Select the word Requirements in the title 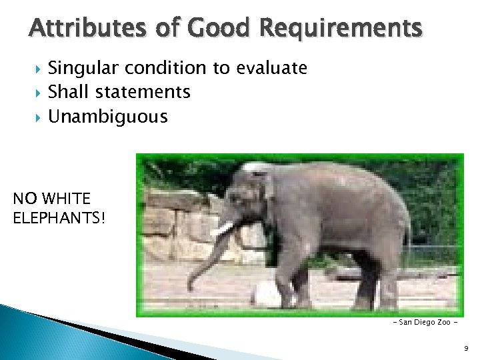[x=341, y=29]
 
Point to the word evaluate [x=271, y=68]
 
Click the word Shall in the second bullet [x=67, y=92]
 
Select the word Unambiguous [x=108, y=117]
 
